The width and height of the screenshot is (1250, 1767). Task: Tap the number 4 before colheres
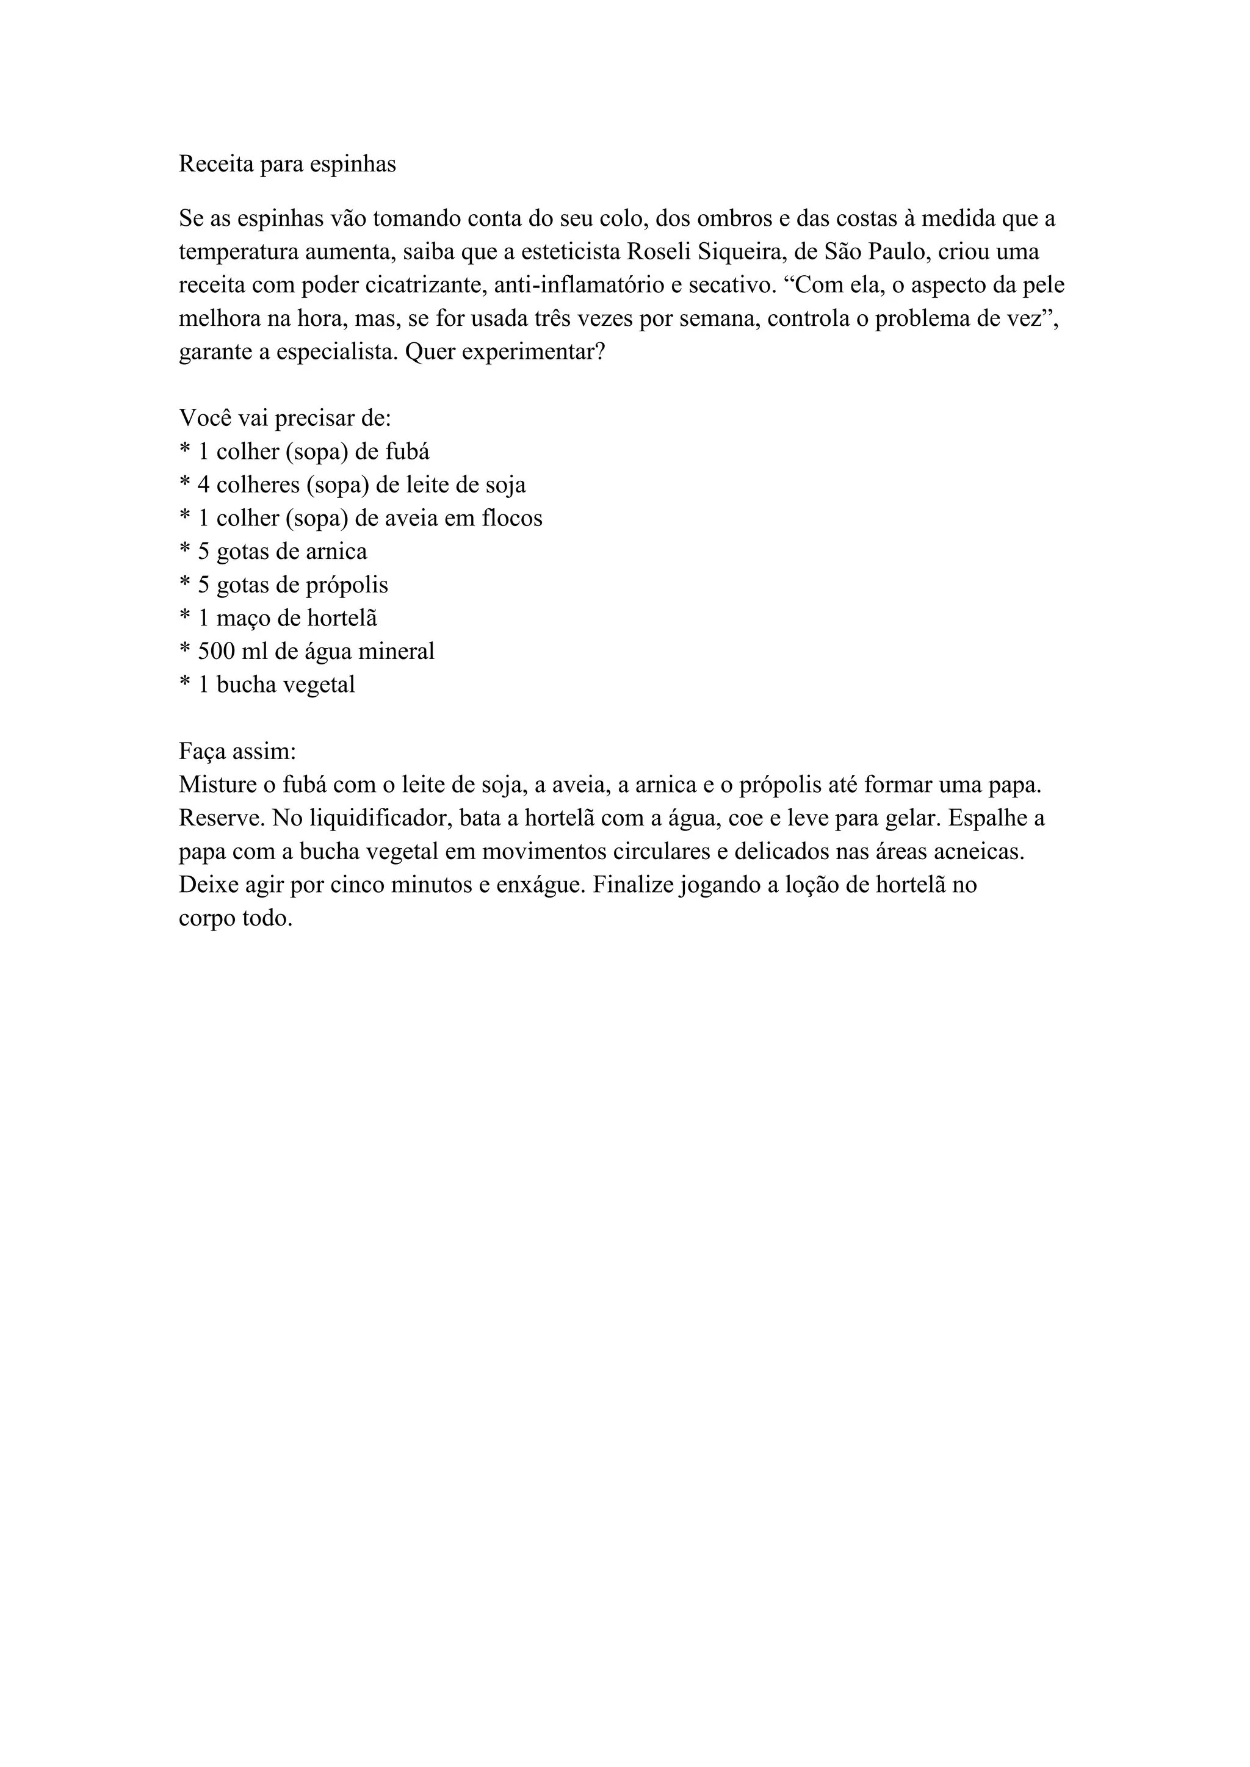204,485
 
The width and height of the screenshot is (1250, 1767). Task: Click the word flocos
512,518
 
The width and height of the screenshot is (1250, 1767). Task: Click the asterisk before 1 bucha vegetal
185,682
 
